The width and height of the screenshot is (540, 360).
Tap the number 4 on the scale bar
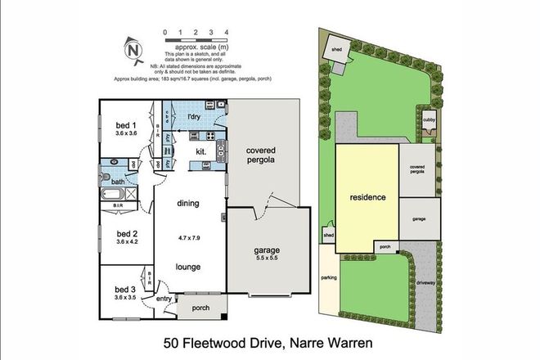226,32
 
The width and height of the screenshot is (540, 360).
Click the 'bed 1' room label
125,125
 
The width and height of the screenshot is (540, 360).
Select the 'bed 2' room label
125,232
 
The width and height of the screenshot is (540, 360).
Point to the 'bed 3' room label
125,290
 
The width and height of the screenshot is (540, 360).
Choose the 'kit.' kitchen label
200,151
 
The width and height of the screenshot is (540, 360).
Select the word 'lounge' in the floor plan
190,266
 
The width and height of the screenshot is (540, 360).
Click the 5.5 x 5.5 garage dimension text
268,259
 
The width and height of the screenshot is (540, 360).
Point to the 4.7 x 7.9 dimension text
190,237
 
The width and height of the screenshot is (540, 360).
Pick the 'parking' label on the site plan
329,277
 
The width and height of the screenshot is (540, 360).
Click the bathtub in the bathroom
111,196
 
